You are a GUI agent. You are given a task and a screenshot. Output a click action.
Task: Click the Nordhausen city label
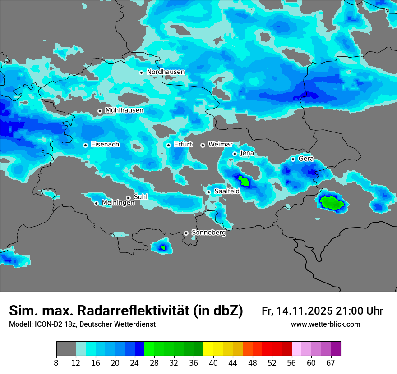[166, 72]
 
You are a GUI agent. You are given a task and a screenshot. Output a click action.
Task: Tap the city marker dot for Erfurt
[168, 145]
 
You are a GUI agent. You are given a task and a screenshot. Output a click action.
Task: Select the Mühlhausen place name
[124, 110]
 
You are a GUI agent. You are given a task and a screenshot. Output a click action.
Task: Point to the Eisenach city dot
[85, 145]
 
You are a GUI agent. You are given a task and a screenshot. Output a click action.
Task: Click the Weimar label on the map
[220, 145]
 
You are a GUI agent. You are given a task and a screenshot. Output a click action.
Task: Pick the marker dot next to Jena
[235, 154]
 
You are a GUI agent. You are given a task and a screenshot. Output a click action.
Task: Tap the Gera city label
[306, 159]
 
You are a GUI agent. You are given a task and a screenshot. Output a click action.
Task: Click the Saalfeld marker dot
[209, 192]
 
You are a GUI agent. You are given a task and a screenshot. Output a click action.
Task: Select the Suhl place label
[141, 197]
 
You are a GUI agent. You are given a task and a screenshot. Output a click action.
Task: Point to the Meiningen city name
[118, 203]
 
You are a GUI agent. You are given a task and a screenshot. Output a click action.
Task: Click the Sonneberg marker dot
[186, 233]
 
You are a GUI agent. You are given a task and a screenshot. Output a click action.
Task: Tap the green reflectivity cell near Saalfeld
[244, 181]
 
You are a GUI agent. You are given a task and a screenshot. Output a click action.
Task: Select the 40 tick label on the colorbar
[213, 363]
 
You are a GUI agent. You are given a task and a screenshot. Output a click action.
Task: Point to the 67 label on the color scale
[331, 363]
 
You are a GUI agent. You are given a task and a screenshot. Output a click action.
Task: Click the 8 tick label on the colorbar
[56, 363]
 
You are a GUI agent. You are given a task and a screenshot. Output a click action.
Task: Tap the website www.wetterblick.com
[326, 324]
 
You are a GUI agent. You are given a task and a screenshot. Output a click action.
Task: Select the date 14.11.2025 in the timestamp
[305, 311]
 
